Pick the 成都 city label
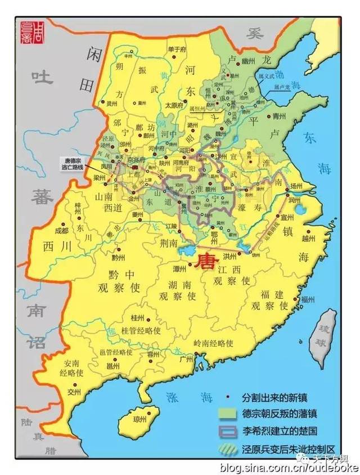(x=60, y=231)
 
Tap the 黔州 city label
(x=118, y=257)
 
